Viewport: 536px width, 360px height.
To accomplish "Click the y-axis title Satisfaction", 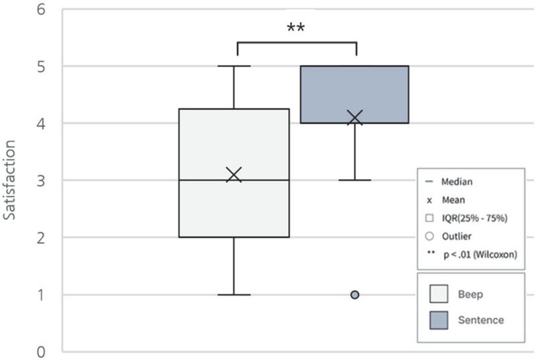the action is pyautogui.click(x=9, y=180).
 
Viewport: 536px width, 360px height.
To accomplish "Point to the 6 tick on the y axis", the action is pyautogui.click(x=41, y=9).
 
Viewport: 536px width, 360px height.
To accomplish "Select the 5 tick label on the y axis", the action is pyautogui.click(x=41, y=66).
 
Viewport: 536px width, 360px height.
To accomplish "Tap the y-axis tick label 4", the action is pyautogui.click(x=41, y=124).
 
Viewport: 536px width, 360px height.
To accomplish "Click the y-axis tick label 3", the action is pyautogui.click(x=41, y=181).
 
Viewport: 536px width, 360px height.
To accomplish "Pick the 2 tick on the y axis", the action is pyautogui.click(x=41, y=238).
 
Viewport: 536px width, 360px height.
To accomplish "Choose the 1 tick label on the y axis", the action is pyautogui.click(x=41, y=295).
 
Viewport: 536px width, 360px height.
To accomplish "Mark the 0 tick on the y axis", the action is pyautogui.click(x=41, y=352).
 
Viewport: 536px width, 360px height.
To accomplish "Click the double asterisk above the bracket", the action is pyautogui.click(x=296, y=27).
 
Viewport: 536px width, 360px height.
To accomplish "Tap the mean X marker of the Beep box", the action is pyautogui.click(x=234, y=174).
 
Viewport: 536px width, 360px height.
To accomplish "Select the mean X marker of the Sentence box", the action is pyautogui.click(x=355, y=117).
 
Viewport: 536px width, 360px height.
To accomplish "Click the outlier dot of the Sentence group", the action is pyautogui.click(x=355, y=295).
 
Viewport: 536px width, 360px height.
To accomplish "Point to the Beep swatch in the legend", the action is pyautogui.click(x=439, y=294).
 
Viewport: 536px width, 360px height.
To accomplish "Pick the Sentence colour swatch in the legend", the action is pyautogui.click(x=439, y=320).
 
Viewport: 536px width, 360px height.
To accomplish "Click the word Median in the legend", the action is pyautogui.click(x=457, y=182).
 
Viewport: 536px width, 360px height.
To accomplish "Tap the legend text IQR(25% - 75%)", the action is pyautogui.click(x=474, y=218).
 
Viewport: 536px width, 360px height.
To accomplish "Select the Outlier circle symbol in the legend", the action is pyautogui.click(x=429, y=236).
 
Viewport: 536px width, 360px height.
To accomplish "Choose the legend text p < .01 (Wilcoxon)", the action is pyautogui.click(x=480, y=254).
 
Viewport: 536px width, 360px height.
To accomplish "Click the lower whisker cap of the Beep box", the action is pyautogui.click(x=234, y=295).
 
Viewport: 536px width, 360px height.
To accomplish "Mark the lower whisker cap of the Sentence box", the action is pyautogui.click(x=355, y=180).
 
